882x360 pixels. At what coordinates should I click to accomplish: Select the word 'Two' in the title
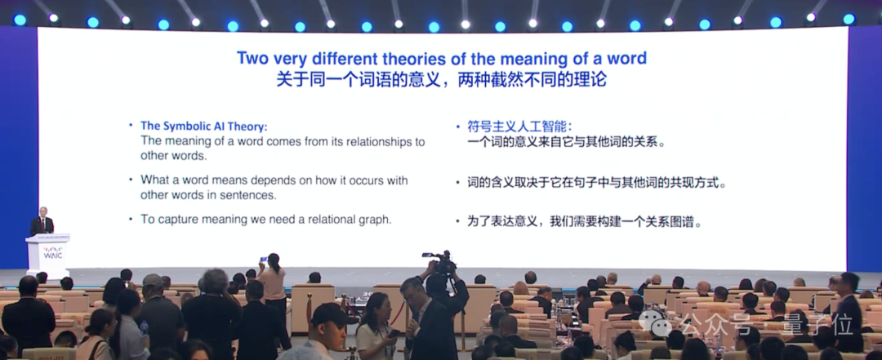(252, 59)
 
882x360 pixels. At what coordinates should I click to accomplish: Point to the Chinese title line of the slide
(441, 80)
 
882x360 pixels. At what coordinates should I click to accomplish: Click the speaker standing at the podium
(42, 221)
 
